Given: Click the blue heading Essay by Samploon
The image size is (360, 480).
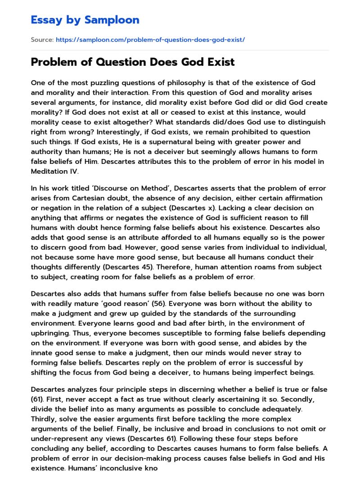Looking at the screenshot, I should (85, 20).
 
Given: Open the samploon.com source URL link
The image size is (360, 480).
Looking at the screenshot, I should (150, 40).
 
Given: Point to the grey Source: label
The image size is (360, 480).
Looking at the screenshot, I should (42, 40).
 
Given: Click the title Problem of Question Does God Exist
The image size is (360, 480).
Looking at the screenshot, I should (133, 62).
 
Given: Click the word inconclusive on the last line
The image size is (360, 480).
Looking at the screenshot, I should (130, 468).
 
